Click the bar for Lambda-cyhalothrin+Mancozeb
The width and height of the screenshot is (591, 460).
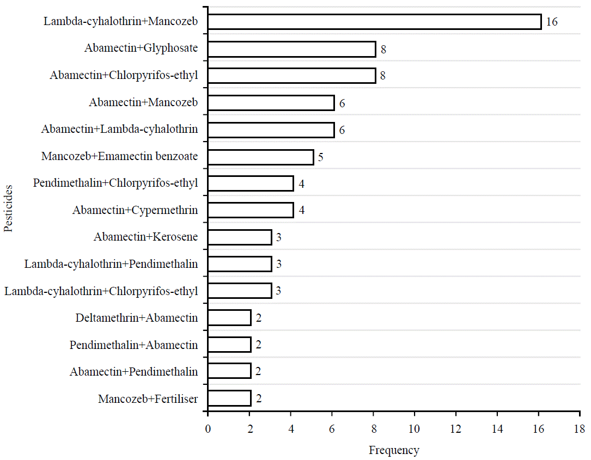click(374, 22)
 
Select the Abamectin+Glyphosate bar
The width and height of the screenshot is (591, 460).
click(291, 49)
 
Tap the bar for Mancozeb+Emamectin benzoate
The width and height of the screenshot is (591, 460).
click(260, 157)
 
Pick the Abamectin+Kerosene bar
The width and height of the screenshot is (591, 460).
click(240, 237)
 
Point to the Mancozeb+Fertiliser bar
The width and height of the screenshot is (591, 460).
click(229, 398)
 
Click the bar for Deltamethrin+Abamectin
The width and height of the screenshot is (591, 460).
click(229, 318)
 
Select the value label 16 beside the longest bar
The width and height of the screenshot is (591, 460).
click(552, 22)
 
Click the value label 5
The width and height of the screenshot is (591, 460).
click(321, 157)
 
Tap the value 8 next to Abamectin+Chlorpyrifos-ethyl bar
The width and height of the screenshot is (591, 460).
click(383, 76)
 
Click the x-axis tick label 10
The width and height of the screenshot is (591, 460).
click(415, 429)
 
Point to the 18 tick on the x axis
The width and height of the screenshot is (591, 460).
click(580, 429)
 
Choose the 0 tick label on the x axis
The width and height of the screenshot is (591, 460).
click(208, 429)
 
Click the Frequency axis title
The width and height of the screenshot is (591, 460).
click(394, 450)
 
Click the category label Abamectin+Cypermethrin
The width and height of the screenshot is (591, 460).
click(135, 210)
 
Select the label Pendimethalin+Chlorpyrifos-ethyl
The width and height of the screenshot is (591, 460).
click(115, 183)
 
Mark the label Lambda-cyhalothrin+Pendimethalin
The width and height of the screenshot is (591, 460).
click(111, 264)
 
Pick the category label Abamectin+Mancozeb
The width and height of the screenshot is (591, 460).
click(143, 102)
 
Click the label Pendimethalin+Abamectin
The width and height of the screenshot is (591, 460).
click(133, 345)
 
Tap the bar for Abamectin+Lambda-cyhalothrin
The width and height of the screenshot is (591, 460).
click(271, 130)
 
